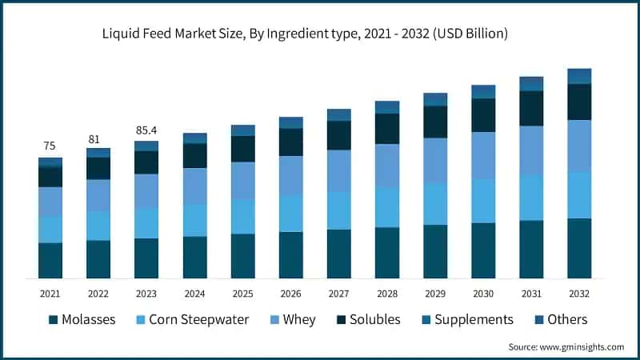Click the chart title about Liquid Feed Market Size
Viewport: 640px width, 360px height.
coord(320,34)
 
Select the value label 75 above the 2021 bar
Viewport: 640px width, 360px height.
coord(50,146)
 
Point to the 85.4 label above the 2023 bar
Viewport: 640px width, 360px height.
coord(146,130)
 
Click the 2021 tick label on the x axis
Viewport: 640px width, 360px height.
coord(50,292)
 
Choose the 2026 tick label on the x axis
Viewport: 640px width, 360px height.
coord(290,292)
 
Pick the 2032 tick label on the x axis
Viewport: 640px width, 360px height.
coord(579,292)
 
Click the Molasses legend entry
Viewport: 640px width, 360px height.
coord(82,320)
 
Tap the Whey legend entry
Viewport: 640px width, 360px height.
coord(292,320)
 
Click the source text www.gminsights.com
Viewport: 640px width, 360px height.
coord(566,346)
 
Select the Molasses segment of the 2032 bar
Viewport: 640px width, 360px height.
coord(579,248)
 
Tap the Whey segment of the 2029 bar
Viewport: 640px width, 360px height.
coord(435,160)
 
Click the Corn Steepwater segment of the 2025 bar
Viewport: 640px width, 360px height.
coord(242,216)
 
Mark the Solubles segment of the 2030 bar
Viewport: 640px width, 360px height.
coord(483,115)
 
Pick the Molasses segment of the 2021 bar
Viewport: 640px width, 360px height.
coord(50,260)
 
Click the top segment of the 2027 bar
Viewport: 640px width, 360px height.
coord(338,114)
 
